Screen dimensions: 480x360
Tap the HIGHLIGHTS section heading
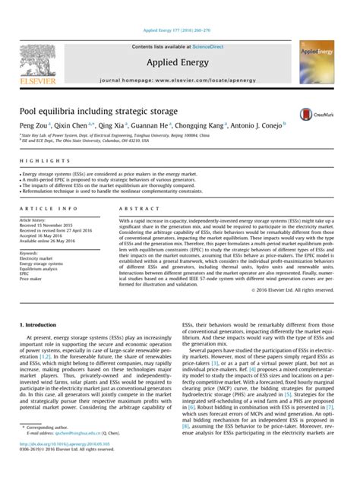click(39, 161)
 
